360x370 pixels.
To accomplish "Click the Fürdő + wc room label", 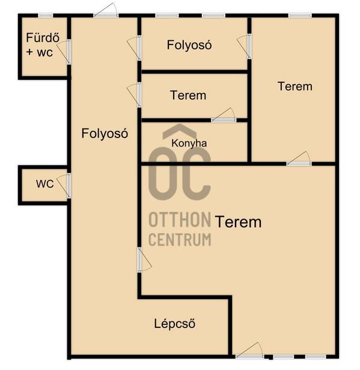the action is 43,45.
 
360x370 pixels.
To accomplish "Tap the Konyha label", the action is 189,143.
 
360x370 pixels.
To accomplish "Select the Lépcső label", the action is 175,323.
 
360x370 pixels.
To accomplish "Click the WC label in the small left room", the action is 45,184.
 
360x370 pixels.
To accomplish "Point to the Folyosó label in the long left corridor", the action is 105,133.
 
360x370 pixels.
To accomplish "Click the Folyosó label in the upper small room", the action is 189,45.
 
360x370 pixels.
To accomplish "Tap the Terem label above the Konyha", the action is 188,96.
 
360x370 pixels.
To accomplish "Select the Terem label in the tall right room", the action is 295,86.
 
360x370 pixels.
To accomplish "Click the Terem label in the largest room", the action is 239,222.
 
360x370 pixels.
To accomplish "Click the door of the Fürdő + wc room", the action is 64,52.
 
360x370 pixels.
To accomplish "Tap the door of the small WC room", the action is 64,186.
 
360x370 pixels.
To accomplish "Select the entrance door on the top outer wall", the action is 106,10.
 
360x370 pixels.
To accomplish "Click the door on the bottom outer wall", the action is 249,351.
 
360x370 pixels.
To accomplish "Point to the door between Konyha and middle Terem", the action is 224,115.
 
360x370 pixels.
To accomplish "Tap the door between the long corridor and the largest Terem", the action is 144,260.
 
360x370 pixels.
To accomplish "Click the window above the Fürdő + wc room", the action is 46,16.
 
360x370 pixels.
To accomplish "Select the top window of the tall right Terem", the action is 300,16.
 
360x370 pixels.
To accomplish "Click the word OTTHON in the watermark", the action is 180,219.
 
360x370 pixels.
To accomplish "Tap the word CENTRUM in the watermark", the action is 180,240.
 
